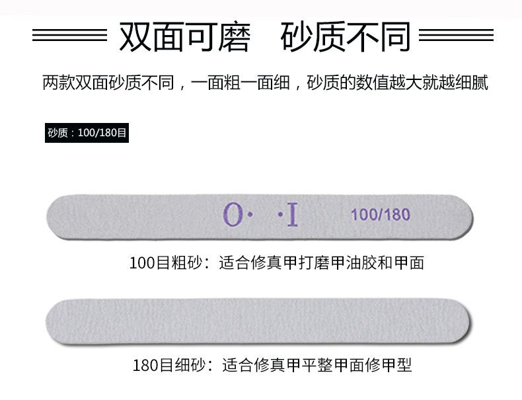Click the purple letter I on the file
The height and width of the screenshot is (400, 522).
click(x=292, y=214)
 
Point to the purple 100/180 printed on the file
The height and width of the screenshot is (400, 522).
click(x=380, y=215)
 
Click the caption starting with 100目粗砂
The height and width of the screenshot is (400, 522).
click(x=276, y=263)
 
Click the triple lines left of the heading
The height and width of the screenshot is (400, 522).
click(x=69, y=36)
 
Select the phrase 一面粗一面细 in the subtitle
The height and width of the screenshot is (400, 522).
click(x=241, y=85)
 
